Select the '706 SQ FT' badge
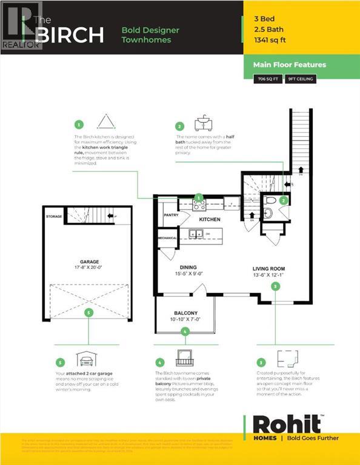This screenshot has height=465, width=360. (x=267, y=79)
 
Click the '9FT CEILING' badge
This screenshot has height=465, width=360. (x=300, y=79)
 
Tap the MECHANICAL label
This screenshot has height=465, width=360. (x=167, y=238)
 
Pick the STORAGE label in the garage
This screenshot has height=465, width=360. (x=55, y=216)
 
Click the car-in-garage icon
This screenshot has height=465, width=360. (x=84, y=361)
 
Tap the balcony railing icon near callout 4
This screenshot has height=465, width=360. (x=183, y=357)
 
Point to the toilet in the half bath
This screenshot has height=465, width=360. (x=270, y=200)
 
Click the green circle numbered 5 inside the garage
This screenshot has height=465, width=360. (x=89, y=312)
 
